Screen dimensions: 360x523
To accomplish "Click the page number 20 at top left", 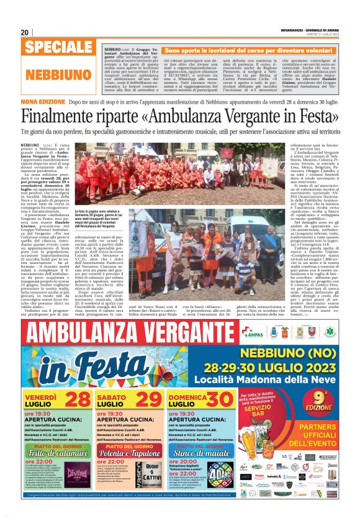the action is click(25, 32).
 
